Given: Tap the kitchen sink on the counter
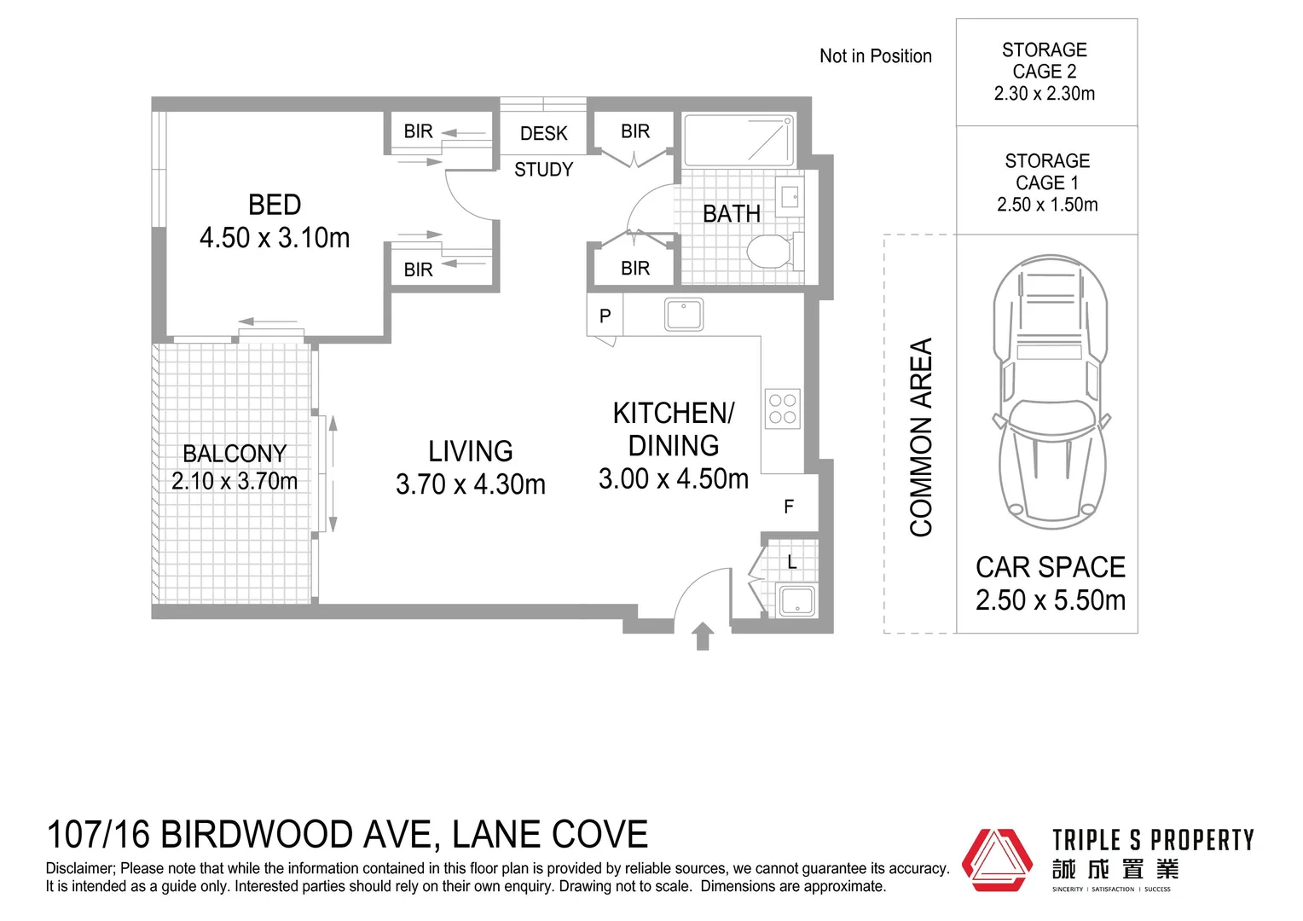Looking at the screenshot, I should pos(684,314).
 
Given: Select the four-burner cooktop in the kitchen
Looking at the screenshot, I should pos(782,408).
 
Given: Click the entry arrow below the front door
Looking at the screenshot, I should pos(703,636).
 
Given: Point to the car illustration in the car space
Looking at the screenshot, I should pos(1051,392).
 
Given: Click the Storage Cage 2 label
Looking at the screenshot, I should pos(1045,61).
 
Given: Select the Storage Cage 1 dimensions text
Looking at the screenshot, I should pos(1047,205).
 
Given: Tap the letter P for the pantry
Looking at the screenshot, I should pos(605,316).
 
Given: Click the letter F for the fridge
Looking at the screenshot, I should pos(789,507).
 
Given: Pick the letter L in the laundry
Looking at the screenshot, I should pos(792,562).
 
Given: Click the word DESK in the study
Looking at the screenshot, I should pos(543,134).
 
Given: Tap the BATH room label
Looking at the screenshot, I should pos(731,214).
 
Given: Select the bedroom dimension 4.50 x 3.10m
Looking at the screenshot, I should pos(275,238).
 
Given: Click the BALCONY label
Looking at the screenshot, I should pos(235,453).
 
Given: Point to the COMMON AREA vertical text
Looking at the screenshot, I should pos(922,437).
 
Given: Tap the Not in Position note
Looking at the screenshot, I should pos(875,56).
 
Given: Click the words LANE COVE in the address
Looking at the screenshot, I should pos(550,835).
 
